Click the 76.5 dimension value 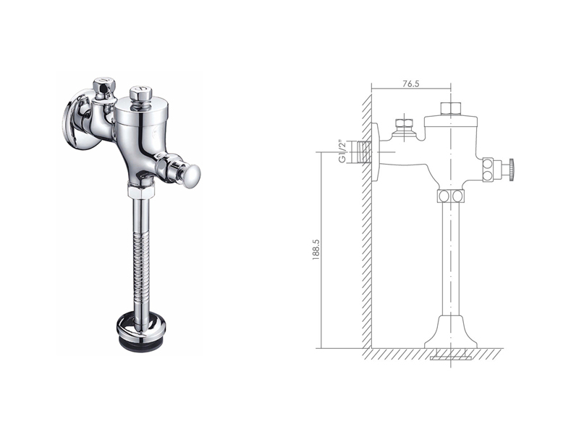[x=411, y=83]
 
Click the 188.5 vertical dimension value [x=316, y=249]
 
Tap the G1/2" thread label [x=342, y=152]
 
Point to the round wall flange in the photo [x=74, y=124]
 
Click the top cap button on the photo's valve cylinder [x=139, y=94]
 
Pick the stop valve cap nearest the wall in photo [x=103, y=86]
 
